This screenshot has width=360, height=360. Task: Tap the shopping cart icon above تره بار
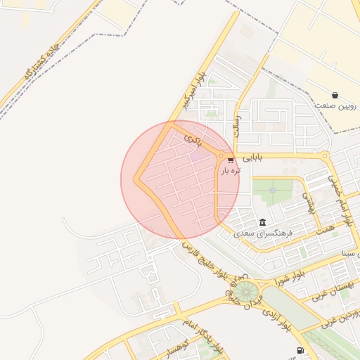click(x=231, y=160)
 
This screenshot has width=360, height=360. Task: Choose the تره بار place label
click(x=231, y=171)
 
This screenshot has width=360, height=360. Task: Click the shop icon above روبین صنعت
click(x=335, y=95)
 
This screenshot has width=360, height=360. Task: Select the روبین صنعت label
click(x=335, y=105)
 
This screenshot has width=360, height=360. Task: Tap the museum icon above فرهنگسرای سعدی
click(x=262, y=221)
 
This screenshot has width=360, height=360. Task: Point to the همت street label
click(x=325, y=224)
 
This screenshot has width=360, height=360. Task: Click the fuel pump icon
click(x=301, y=350)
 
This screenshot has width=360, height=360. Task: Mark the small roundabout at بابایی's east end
click(x=324, y=156)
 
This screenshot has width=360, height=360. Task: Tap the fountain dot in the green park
click(x=272, y=188)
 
